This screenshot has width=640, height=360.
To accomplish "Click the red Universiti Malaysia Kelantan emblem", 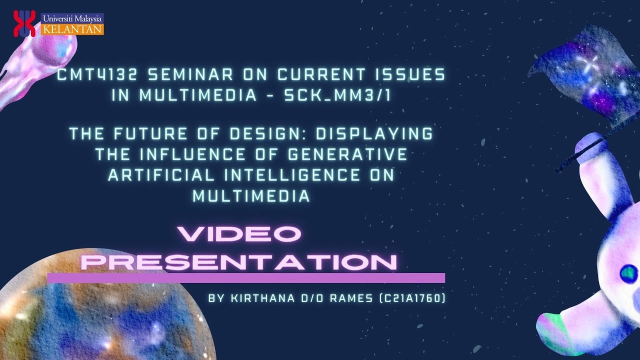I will (x=24, y=23).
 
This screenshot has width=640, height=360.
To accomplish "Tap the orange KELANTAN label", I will (x=73, y=29).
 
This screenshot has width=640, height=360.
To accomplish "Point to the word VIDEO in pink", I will (x=239, y=234).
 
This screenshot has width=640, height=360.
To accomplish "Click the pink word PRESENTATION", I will (x=239, y=262).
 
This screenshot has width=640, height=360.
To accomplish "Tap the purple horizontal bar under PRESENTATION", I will (x=245, y=278).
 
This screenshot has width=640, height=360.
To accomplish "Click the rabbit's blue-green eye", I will (x=628, y=272).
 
